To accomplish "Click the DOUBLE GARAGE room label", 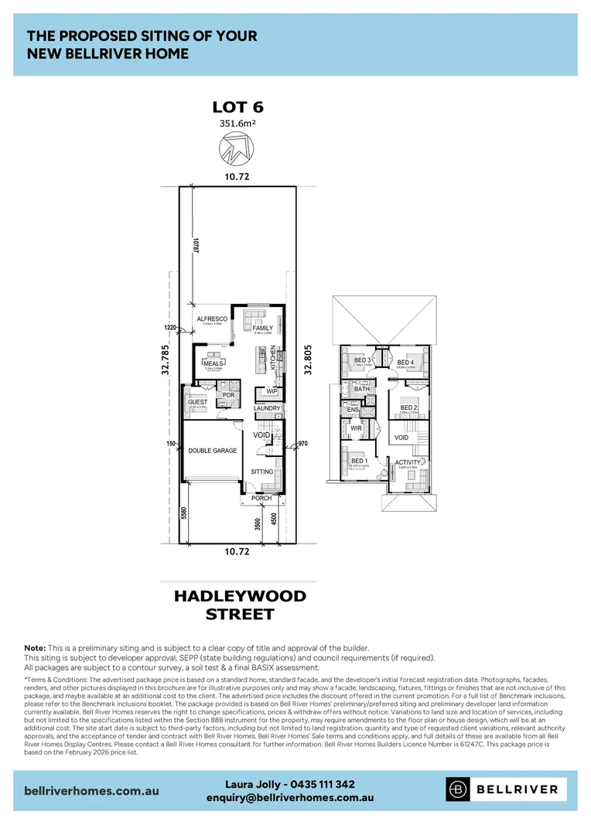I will coord(212,451).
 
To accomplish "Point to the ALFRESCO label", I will coord(211,319).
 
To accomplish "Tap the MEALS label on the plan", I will coord(214,362).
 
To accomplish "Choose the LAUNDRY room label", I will coord(266,408).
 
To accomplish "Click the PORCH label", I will coord(261,498).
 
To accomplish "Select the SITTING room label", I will coord(262,471).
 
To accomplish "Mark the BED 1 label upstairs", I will coord(359,462).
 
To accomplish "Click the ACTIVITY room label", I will coord(408,463).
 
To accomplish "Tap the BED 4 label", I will coord(405,362).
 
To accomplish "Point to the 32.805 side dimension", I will coord(308,360).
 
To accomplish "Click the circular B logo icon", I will coord(459,789).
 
